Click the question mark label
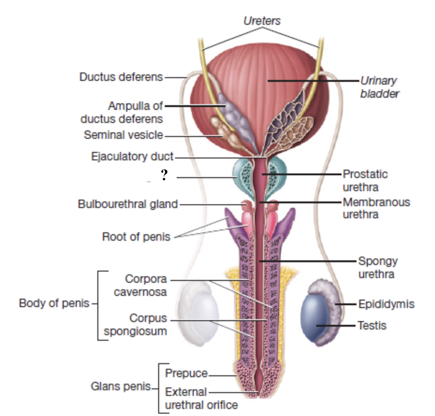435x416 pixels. [x=164, y=175]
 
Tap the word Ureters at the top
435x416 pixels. [x=262, y=21]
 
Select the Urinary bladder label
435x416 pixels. [x=379, y=87]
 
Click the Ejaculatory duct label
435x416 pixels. [x=132, y=156]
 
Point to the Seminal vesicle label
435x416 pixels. [x=123, y=135]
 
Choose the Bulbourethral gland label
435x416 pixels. [x=128, y=204]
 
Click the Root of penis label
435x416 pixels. [x=136, y=237]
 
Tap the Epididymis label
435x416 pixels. [x=386, y=304]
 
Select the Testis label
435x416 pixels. [x=372, y=325]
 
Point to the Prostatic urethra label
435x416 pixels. [x=365, y=181]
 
